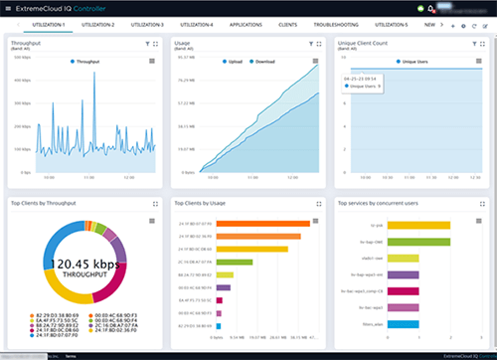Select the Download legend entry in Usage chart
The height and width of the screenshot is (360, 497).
[263, 62]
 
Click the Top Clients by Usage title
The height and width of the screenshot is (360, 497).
[206, 202]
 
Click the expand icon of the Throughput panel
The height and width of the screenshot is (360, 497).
[156, 46]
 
